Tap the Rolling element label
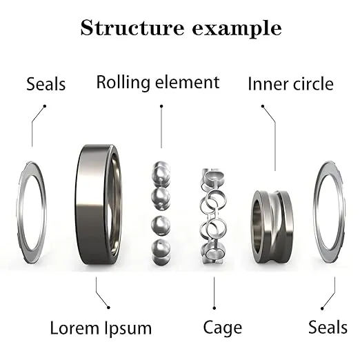158,83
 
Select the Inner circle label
290,84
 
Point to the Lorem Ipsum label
101,327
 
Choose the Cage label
222,327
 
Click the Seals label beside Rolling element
46,84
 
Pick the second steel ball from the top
161,199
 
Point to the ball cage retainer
212,214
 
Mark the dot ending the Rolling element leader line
161,106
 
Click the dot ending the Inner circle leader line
262,106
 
